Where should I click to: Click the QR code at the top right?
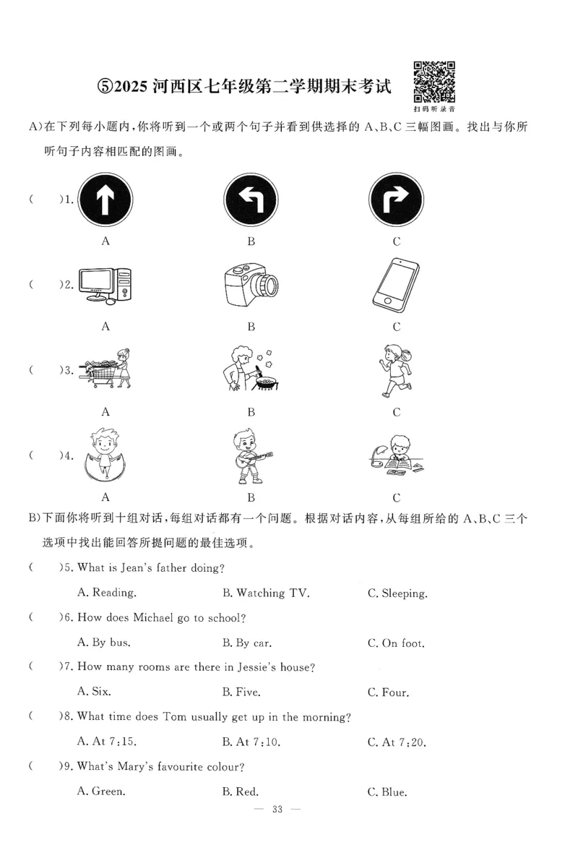tap(433, 82)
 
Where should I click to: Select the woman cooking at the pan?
tap(249, 369)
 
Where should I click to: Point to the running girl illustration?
tap(395, 369)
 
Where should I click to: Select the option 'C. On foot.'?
tap(396, 643)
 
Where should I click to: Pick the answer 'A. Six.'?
tap(94, 692)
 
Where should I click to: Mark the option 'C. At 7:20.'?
tap(397, 741)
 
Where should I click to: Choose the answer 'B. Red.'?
tap(241, 791)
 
